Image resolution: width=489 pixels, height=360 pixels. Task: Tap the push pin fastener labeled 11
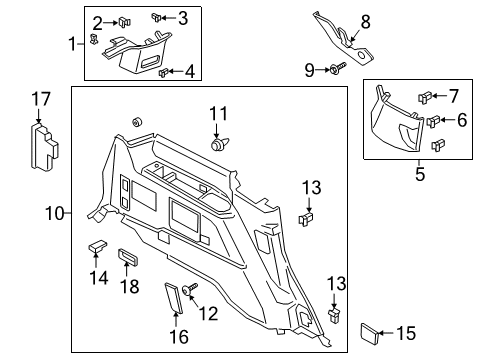click(x=216, y=144)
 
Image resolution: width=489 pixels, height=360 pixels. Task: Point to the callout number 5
click(x=420, y=175)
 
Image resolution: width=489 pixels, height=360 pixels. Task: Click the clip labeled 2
click(x=125, y=21)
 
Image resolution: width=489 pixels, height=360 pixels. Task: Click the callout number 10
click(x=55, y=213)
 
